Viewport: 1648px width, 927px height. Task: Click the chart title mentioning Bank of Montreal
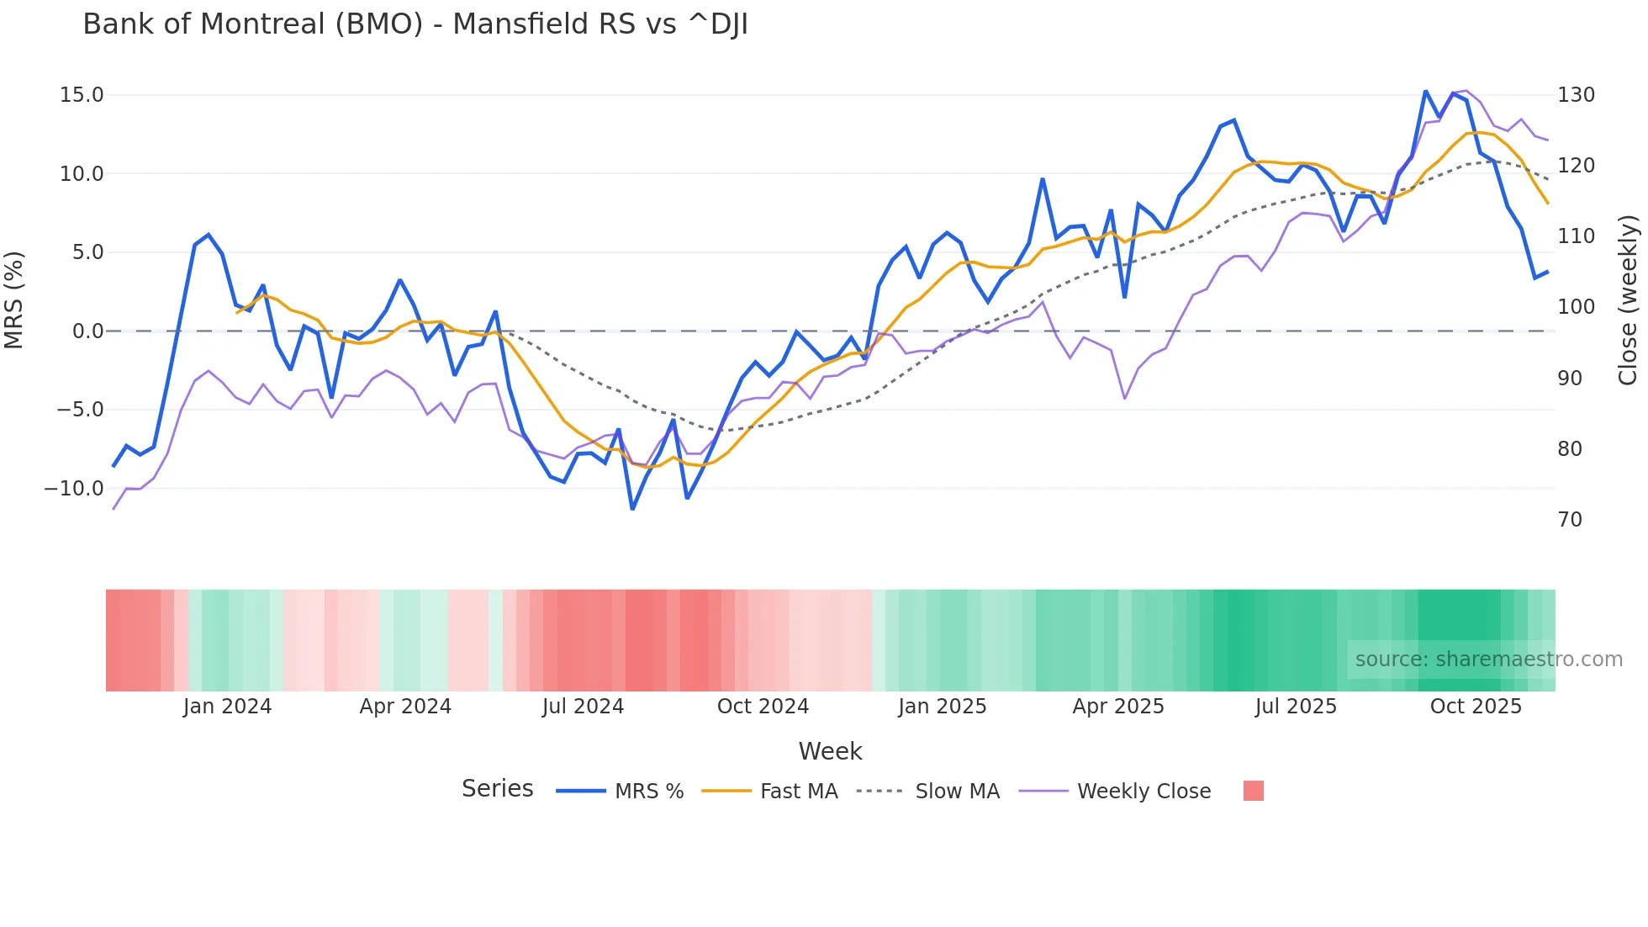tap(415, 24)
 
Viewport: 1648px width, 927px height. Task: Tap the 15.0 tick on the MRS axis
tap(82, 95)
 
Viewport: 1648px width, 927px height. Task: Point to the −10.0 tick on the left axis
tap(74, 488)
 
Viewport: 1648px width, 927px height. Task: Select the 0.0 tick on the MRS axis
tap(87, 331)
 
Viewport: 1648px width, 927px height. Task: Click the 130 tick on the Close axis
tap(1576, 95)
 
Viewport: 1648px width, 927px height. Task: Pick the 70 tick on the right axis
tap(1570, 520)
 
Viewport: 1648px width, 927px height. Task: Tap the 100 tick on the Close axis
tap(1576, 307)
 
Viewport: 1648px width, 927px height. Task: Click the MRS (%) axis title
tap(14, 299)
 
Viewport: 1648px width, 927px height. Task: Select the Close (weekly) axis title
tap(1629, 300)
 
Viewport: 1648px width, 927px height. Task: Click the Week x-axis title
tap(830, 751)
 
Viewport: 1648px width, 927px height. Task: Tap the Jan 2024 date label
tap(227, 707)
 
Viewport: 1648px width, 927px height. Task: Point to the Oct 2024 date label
tap(763, 707)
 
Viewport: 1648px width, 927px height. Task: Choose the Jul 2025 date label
tap(1296, 707)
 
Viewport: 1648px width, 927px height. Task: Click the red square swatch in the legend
tap(1253, 791)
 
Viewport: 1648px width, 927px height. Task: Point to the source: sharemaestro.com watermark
tap(1488, 659)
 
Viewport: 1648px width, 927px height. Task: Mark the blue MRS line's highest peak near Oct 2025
tap(1426, 91)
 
